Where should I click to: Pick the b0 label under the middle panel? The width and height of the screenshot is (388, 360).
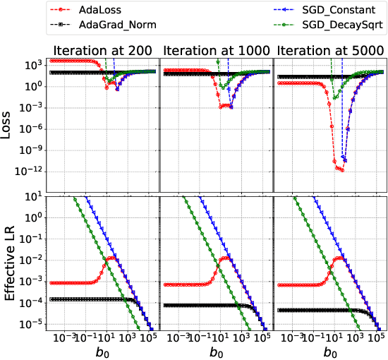click(x=216, y=351)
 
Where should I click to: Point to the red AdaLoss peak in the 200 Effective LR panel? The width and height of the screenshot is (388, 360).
click(x=111, y=258)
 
